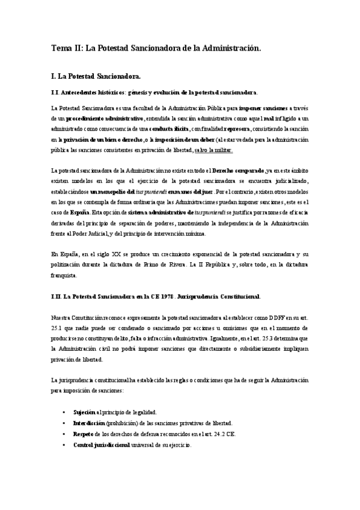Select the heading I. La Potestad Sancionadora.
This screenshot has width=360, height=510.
click(x=97, y=77)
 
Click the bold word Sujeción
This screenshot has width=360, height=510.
click(x=84, y=412)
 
